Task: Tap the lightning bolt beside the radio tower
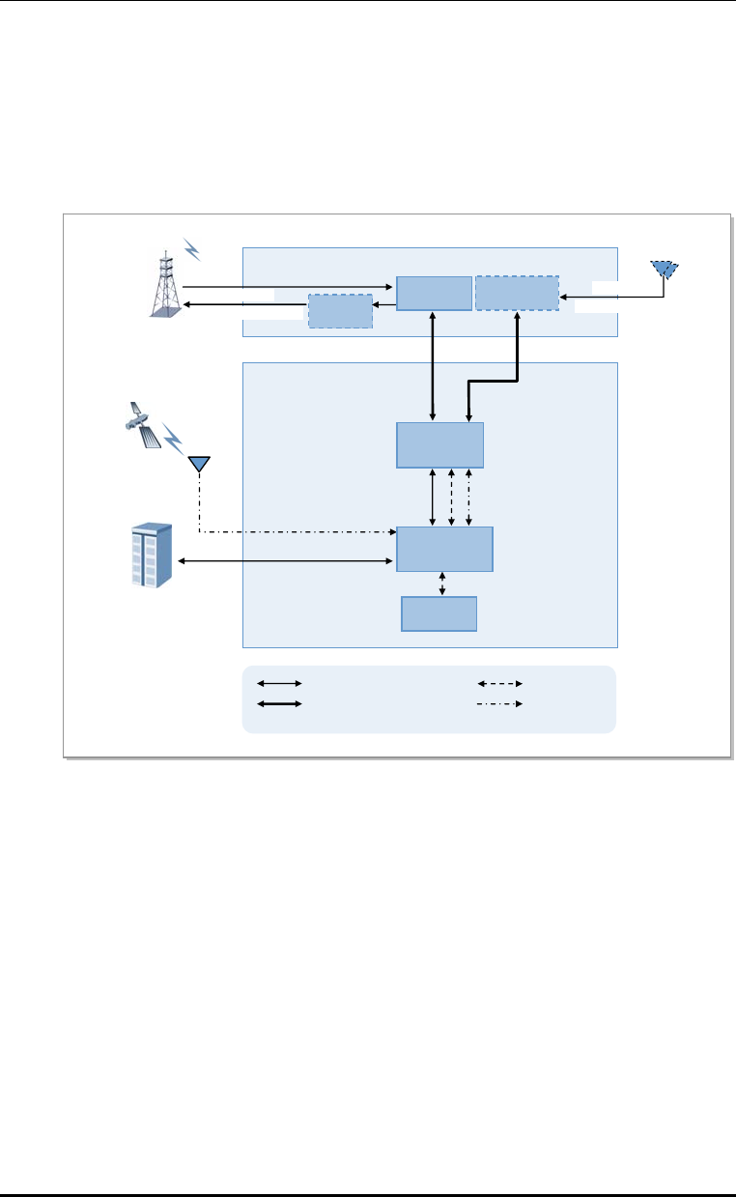(x=192, y=249)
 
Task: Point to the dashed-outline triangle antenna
(x=664, y=268)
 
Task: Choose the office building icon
(x=150, y=556)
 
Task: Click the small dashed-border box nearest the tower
(x=340, y=311)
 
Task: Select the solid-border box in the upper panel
(x=434, y=293)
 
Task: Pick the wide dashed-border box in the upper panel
(x=517, y=293)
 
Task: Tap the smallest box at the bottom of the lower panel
(x=439, y=614)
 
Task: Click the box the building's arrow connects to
(x=444, y=550)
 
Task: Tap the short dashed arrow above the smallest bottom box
(x=442, y=584)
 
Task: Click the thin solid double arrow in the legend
(x=279, y=683)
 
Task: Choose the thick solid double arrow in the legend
(x=279, y=703)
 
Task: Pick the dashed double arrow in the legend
(x=500, y=683)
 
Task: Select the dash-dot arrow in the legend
(x=500, y=703)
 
